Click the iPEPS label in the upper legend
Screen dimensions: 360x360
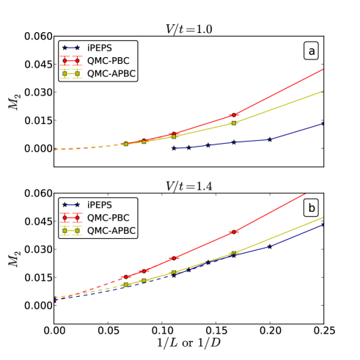[x=99, y=48]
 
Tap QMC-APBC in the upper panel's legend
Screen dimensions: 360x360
[x=111, y=74]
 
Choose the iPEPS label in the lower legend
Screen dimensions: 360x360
[x=99, y=205]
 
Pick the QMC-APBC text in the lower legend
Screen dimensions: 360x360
[x=111, y=231]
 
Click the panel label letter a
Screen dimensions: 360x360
[x=312, y=51]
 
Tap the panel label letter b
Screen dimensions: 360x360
[x=312, y=208]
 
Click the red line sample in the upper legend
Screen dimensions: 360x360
[x=70, y=61]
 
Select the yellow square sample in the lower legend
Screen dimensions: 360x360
[x=70, y=231]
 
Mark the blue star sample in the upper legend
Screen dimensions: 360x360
[x=70, y=48]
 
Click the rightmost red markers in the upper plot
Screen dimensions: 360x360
[x=234, y=115]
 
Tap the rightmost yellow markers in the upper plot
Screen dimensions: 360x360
[x=234, y=122]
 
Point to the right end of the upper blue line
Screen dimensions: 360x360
[x=323, y=123]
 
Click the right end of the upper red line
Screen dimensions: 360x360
[x=323, y=70]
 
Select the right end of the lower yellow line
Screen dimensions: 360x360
[x=323, y=217]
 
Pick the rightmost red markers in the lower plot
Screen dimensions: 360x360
[x=234, y=232]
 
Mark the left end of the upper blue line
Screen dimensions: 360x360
[x=174, y=148]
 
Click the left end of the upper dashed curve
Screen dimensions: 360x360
[x=55, y=150]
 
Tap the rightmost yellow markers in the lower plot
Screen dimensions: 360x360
[x=234, y=254]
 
